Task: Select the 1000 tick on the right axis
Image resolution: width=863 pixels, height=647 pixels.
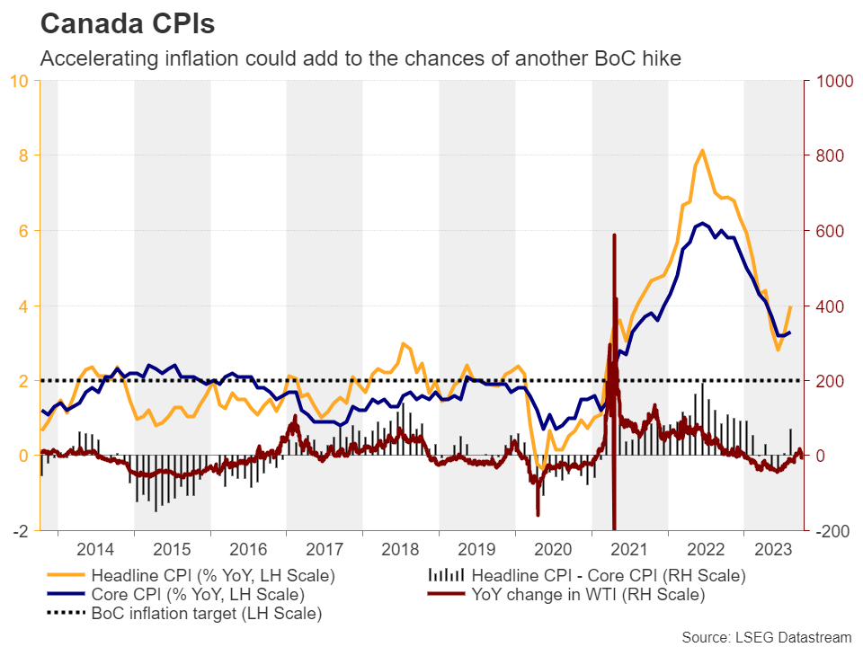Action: pos(835,81)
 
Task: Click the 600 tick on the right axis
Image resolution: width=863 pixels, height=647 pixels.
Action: pos(832,231)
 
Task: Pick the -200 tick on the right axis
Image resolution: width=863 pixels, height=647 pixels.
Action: pos(833,531)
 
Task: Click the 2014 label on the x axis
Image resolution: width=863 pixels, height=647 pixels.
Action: pos(95,549)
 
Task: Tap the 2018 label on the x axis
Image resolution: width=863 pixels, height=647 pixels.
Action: pos(400,549)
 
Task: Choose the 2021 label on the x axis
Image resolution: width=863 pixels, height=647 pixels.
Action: pos(629,549)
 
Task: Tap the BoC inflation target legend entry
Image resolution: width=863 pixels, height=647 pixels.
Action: pos(206,614)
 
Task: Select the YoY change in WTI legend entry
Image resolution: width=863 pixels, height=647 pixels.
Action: pos(588,594)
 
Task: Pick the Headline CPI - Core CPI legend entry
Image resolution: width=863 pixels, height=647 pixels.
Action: pos(608,575)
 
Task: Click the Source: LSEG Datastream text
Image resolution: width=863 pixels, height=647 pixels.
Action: pos(765,636)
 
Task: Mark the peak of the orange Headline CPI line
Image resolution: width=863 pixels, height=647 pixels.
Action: pos(702,150)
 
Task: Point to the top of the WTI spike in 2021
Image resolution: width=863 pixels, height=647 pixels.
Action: pos(614,235)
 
